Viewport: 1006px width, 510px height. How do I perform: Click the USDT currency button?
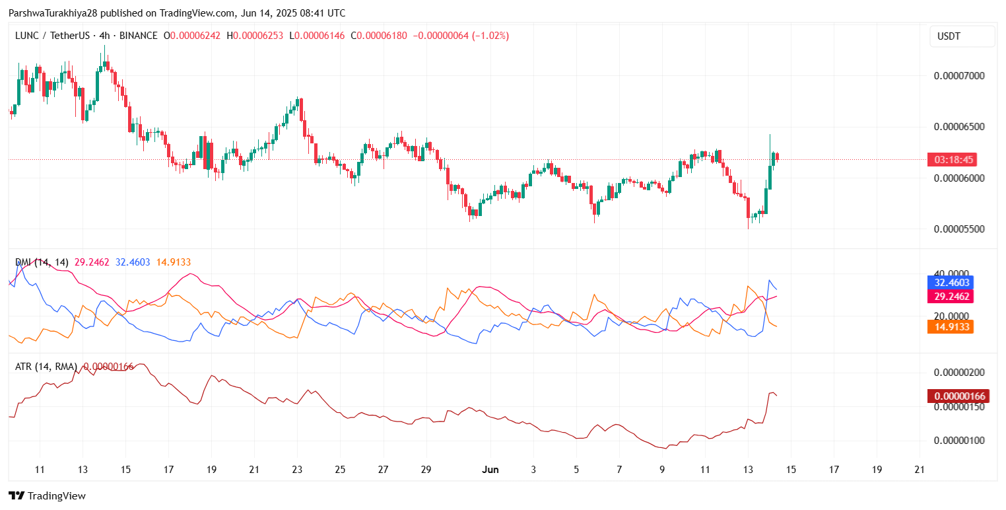(962, 36)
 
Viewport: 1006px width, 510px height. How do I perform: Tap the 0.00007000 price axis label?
(959, 76)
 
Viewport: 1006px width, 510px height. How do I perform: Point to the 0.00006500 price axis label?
(959, 126)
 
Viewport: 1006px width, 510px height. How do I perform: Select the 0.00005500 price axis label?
(959, 229)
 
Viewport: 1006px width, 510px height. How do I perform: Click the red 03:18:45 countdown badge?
(952, 160)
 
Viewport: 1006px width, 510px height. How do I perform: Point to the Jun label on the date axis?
(489, 470)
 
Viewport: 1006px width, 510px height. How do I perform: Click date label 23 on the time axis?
(297, 470)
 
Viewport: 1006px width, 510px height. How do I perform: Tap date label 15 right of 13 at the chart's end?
(791, 470)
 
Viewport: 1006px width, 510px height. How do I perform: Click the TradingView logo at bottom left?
(48, 495)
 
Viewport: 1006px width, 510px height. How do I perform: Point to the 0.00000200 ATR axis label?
(959, 373)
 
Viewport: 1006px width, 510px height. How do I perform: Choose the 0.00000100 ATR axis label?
(959, 441)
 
